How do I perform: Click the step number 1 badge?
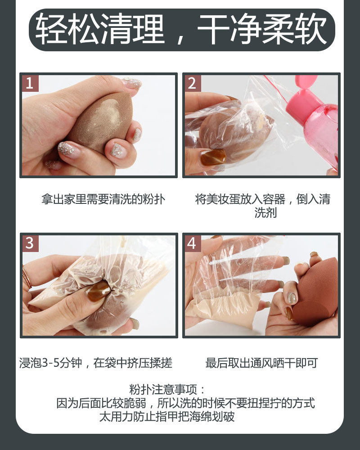30,83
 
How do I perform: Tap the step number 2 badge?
192,83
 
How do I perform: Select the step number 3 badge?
30,243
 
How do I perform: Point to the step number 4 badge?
192,243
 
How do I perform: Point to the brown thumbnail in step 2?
213,157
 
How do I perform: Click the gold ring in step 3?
27,277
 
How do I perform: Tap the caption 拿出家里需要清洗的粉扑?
103,199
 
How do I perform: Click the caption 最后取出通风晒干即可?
261,363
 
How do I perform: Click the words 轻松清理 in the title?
100,29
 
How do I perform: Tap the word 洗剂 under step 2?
265,213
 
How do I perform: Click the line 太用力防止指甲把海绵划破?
167,416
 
